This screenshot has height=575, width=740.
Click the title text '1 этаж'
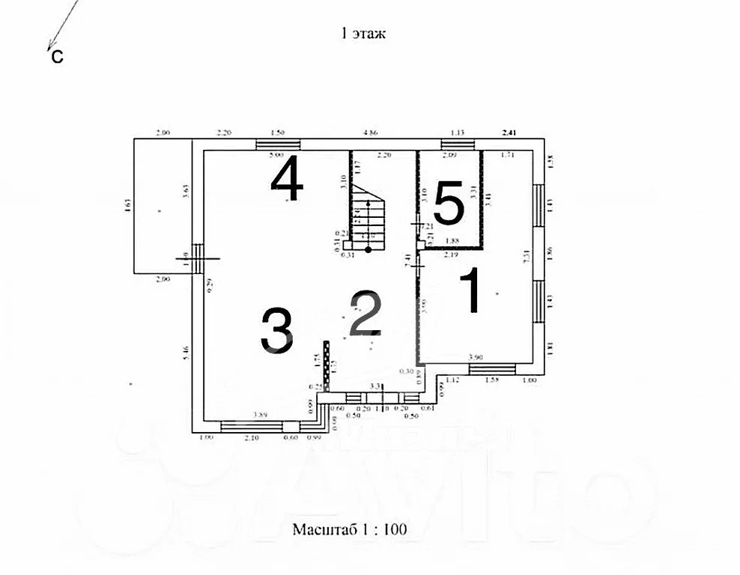tap(363, 33)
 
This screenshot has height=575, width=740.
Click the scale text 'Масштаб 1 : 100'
tap(349, 529)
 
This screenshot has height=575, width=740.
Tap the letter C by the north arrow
tap(57, 57)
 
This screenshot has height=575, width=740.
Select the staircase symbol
tap(368, 217)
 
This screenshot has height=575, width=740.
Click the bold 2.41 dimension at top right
tap(509, 133)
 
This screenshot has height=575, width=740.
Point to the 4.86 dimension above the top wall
tap(369, 133)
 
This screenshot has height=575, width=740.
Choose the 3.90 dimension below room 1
tap(474, 358)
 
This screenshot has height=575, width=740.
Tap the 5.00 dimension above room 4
tap(276, 156)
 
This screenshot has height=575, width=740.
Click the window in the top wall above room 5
tap(453, 144)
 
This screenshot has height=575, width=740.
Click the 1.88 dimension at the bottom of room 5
tap(452, 241)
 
